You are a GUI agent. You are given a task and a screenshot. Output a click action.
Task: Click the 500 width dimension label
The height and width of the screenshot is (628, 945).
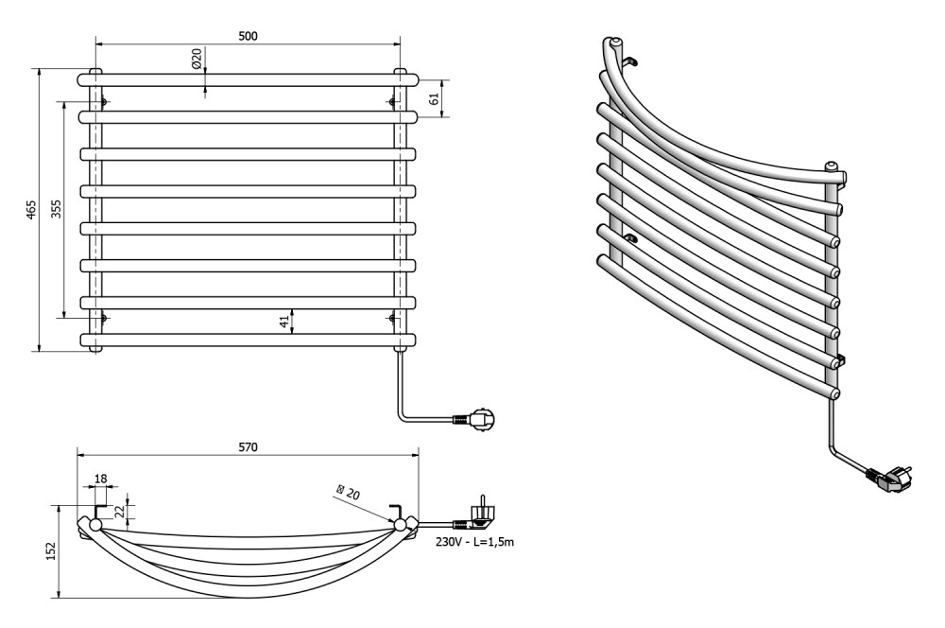tap(248, 36)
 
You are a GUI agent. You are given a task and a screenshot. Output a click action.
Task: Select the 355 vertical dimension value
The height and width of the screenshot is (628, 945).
tap(56, 209)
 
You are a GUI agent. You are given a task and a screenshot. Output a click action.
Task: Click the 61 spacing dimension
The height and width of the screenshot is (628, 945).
tap(434, 98)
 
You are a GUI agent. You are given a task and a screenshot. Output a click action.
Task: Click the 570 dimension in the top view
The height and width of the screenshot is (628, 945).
tap(248, 447)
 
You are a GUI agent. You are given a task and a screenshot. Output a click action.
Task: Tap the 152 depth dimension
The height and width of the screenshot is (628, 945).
tap(51, 551)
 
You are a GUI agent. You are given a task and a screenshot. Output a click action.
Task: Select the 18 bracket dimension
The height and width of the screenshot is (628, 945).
tap(101, 479)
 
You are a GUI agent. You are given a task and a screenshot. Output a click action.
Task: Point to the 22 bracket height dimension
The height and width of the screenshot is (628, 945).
tap(120, 511)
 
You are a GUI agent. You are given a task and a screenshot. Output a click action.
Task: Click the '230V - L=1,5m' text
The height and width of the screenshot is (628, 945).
tap(475, 542)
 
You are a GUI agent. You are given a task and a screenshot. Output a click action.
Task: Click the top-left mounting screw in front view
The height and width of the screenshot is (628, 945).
tap(104, 102)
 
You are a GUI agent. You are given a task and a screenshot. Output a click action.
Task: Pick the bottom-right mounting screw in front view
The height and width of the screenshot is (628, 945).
tap(392, 318)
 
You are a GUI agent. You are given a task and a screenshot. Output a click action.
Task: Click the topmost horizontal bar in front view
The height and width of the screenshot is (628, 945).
tap(247, 80)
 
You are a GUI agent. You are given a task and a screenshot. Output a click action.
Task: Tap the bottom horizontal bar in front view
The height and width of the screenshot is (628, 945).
tap(248, 340)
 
